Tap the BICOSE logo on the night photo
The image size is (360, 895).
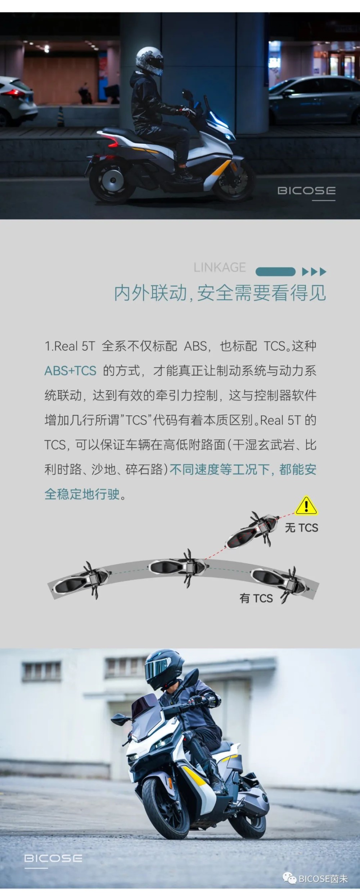pyautogui.click(x=306, y=191)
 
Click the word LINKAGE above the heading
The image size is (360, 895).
pyautogui.click(x=220, y=267)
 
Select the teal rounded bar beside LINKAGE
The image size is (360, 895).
pyautogui.click(x=275, y=271)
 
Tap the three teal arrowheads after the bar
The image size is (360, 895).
pyautogui.click(x=314, y=272)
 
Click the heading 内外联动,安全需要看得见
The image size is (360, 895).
pyautogui.click(x=220, y=293)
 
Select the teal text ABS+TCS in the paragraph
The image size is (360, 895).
pyautogui.click(x=70, y=371)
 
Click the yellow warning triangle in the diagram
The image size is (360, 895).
pyautogui.click(x=306, y=506)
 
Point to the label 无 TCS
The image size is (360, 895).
pyautogui.click(x=302, y=528)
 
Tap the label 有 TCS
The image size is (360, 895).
pyautogui.click(x=256, y=598)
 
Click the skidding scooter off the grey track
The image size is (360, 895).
pyautogui.click(x=252, y=529)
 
